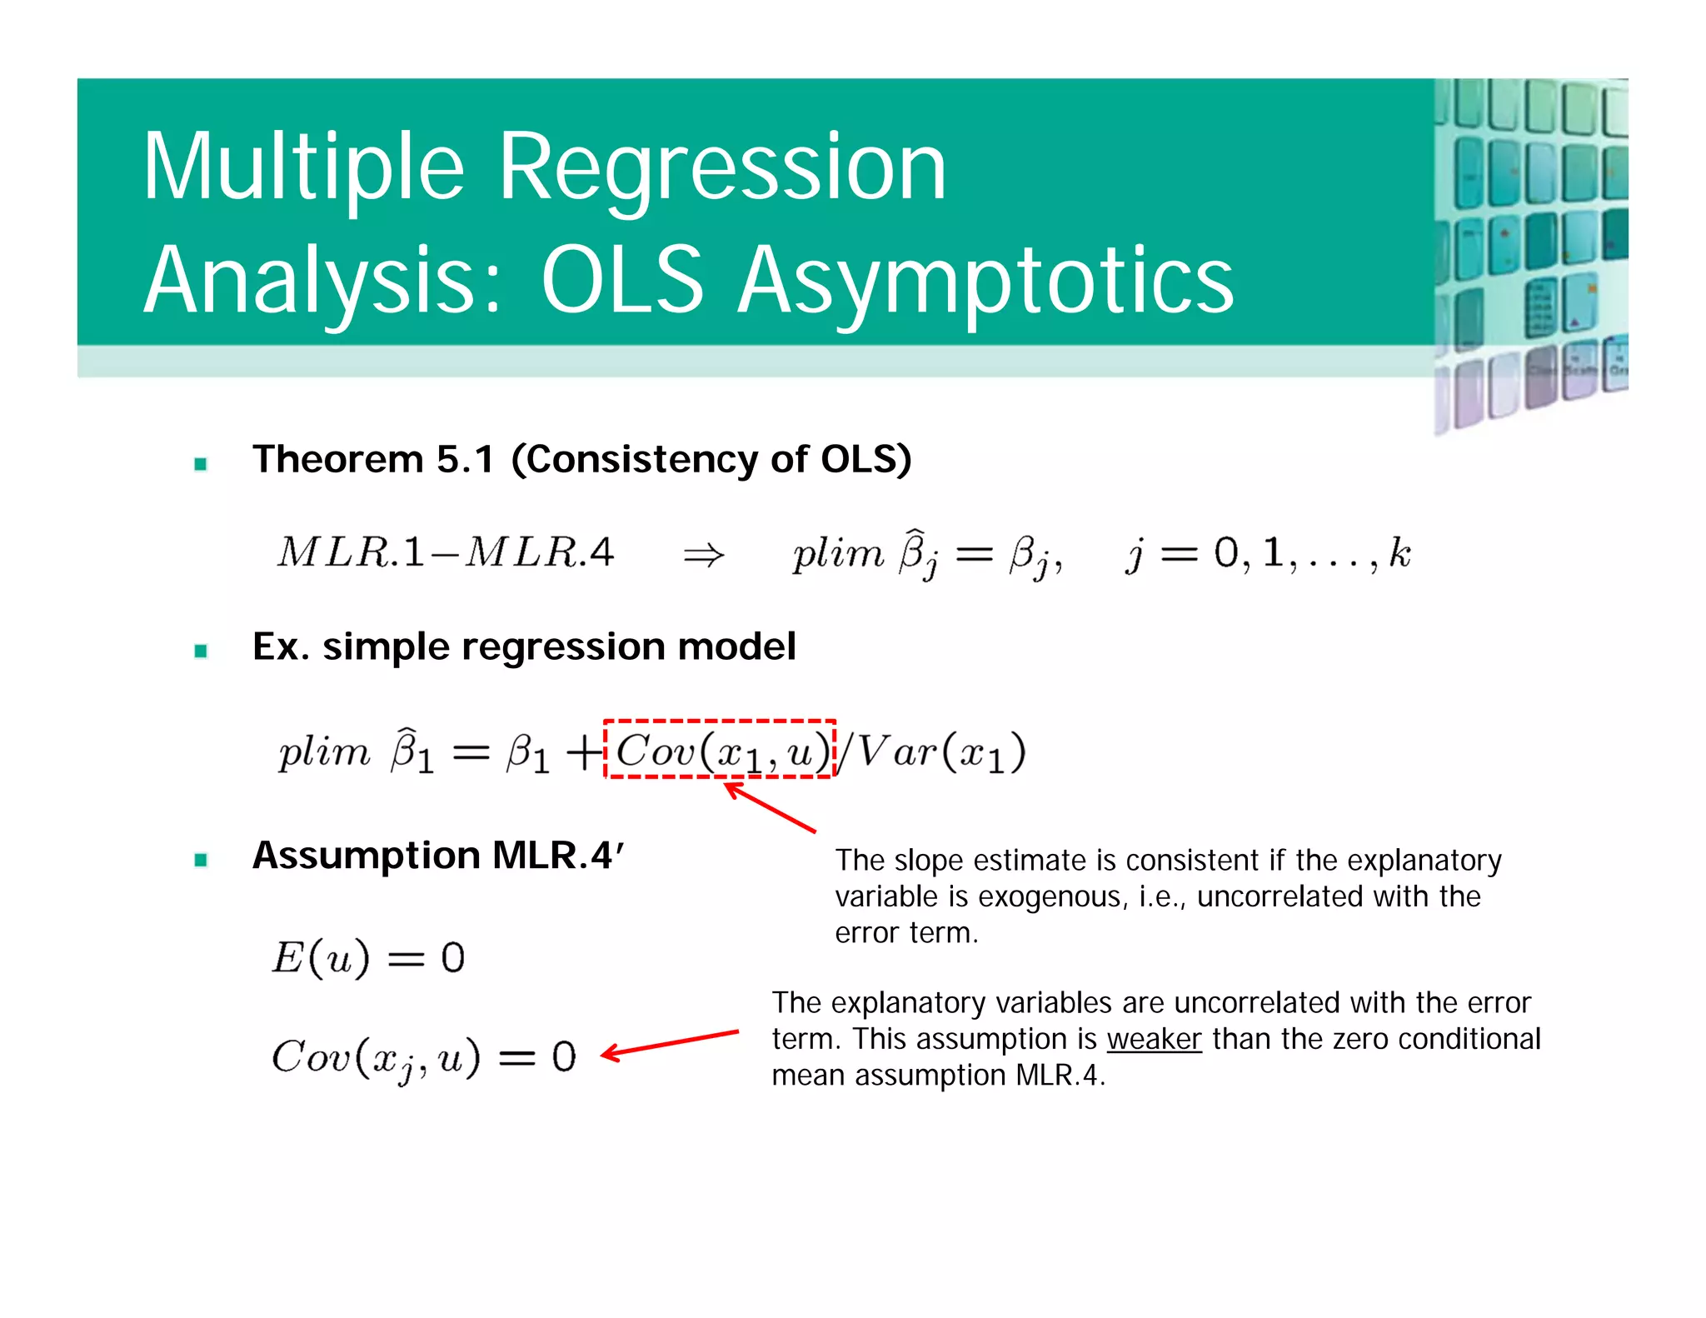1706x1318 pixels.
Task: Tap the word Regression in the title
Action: point(722,167)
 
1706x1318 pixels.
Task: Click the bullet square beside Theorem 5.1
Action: point(201,464)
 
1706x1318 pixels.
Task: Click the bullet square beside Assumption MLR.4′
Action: point(201,860)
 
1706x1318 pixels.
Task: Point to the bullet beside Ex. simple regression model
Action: point(201,651)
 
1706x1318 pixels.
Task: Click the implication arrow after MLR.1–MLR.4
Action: point(704,555)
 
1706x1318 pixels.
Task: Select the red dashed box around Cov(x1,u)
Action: point(719,722)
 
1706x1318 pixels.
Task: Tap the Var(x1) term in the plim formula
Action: point(941,752)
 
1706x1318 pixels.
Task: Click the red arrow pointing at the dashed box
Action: point(771,806)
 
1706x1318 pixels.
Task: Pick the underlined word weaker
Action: point(1154,1039)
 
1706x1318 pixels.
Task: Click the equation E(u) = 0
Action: point(368,957)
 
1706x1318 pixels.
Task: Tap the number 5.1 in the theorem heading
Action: point(465,460)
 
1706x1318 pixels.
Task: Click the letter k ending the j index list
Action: point(1399,552)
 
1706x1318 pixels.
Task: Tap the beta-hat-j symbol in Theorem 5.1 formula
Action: point(917,553)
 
